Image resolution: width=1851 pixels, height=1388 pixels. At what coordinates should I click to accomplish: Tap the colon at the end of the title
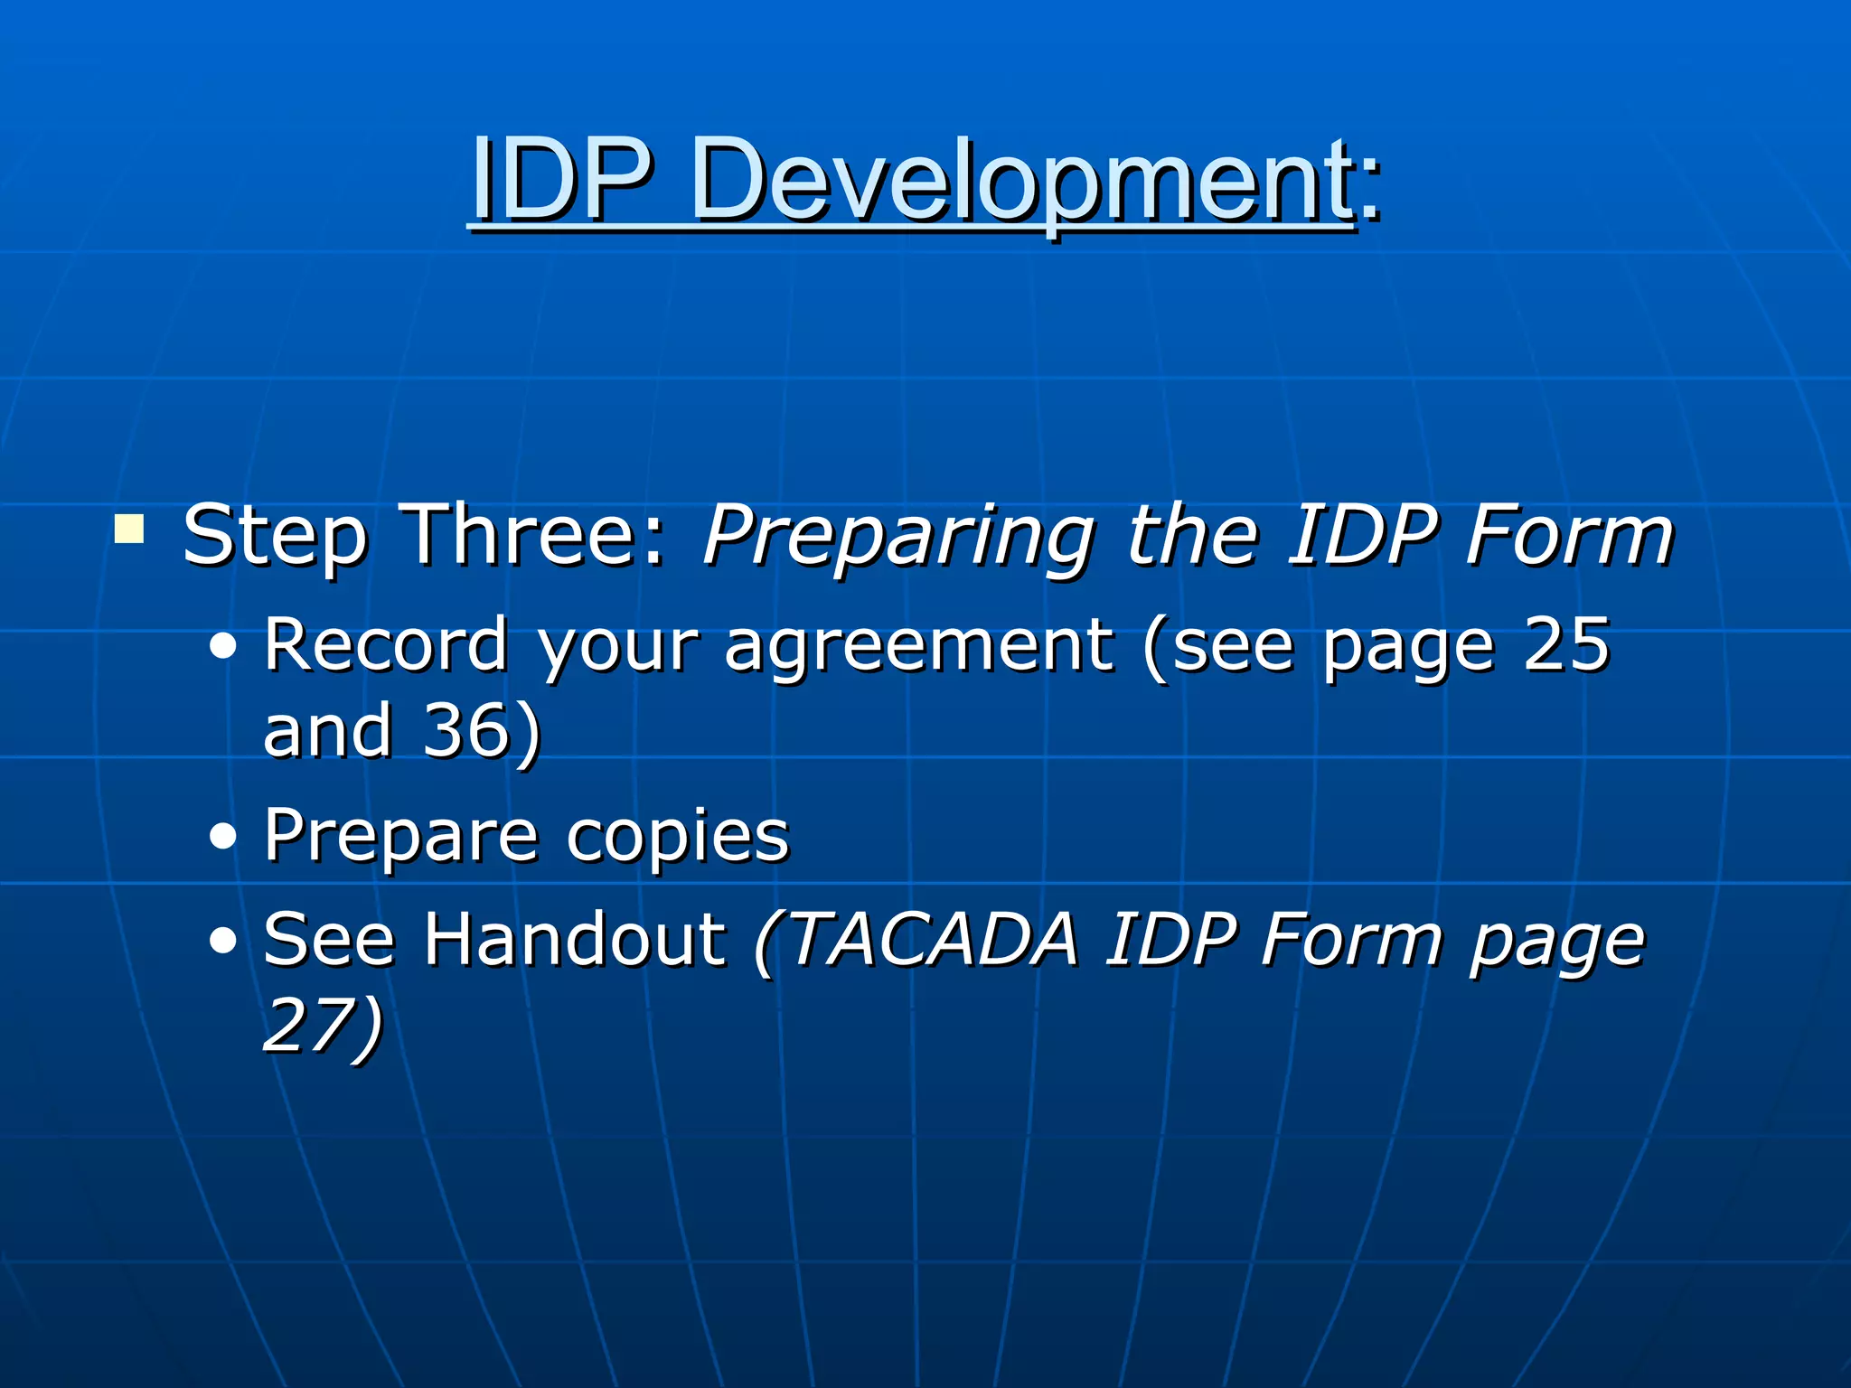[1370, 190]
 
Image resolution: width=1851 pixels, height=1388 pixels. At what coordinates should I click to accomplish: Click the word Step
[275, 539]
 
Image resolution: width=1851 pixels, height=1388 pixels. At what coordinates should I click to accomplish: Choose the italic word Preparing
[899, 539]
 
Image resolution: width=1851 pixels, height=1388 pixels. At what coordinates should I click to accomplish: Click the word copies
[678, 836]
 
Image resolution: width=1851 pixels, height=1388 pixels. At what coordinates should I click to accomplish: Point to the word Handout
[575, 940]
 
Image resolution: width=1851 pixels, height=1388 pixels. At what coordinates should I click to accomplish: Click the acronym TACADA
[933, 940]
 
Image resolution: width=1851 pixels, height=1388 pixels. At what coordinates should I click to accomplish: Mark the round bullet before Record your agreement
[222, 647]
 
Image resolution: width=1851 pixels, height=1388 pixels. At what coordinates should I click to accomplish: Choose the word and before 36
[328, 730]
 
